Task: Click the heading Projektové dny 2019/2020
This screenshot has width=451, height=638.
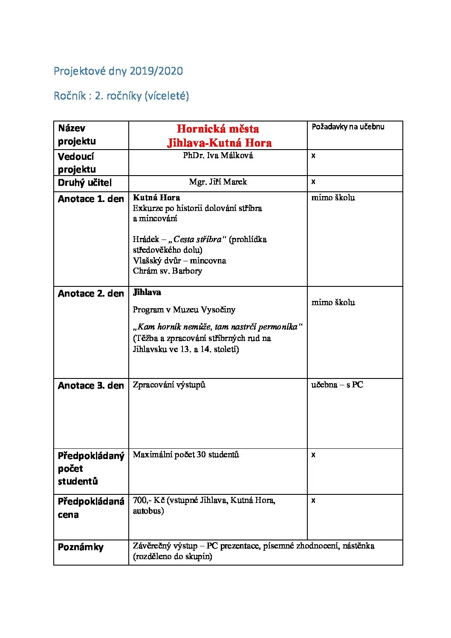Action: click(x=118, y=71)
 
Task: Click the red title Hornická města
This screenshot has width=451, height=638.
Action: click(x=217, y=129)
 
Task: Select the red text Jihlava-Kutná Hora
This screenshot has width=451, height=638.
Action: click(x=219, y=143)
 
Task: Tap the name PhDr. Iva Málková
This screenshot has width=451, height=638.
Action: click(x=218, y=156)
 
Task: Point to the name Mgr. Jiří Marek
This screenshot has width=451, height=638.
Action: click(x=218, y=182)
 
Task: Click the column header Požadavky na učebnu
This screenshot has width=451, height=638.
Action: click(x=348, y=127)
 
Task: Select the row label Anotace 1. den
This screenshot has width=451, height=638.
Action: click(x=91, y=199)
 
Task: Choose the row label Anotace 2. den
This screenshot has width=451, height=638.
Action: click(x=91, y=294)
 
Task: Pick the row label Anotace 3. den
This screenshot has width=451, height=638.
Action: click(x=91, y=386)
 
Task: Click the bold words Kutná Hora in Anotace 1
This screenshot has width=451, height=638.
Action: click(x=156, y=198)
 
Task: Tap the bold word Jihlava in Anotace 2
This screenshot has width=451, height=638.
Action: click(x=147, y=292)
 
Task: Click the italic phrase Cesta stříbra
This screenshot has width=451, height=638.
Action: click(x=198, y=240)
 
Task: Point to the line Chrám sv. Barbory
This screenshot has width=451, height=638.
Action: click(x=167, y=271)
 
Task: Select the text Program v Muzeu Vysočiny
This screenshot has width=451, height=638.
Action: click(x=184, y=310)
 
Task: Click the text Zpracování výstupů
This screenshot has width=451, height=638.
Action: click(x=169, y=385)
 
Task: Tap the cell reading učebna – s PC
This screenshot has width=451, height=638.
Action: click(x=337, y=385)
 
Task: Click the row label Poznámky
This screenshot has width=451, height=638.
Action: click(x=81, y=547)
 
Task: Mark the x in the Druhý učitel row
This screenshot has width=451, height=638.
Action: click(x=313, y=182)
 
